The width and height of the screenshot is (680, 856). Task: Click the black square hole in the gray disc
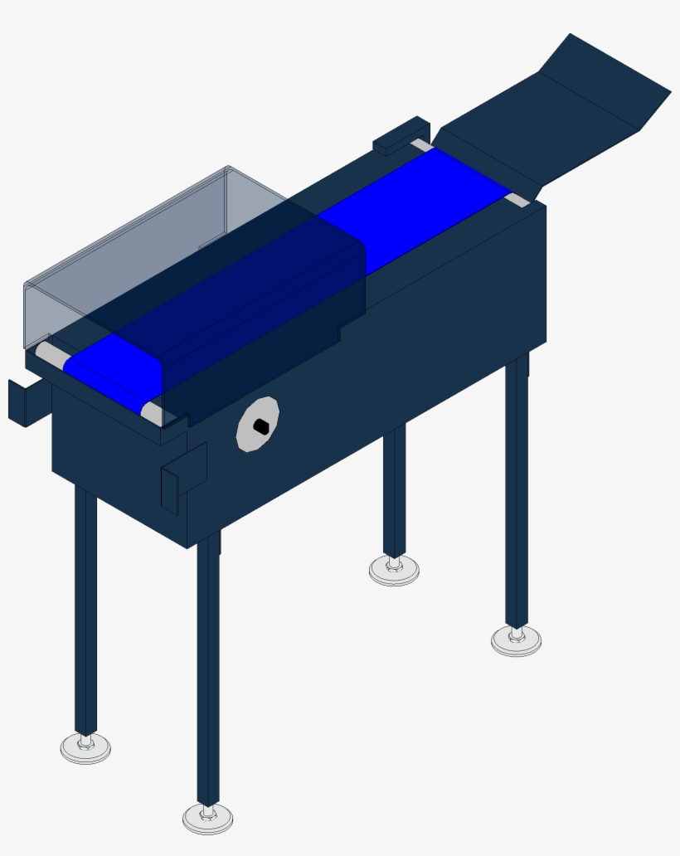tap(260, 426)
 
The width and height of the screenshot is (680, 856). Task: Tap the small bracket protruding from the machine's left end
tap(20, 402)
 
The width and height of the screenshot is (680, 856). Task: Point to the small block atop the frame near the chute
tap(401, 137)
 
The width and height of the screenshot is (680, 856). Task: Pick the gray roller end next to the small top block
tap(421, 145)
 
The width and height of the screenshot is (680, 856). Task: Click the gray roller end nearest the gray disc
tap(151, 411)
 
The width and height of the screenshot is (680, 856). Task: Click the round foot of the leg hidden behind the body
tap(394, 570)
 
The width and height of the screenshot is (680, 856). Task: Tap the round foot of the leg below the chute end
tap(516, 640)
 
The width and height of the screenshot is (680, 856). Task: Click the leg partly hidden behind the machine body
tap(395, 489)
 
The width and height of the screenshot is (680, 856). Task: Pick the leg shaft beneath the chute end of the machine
tap(517, 489)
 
